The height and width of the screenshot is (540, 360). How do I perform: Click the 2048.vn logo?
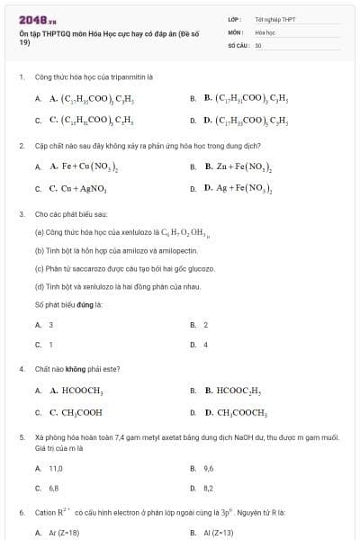coord(38,19)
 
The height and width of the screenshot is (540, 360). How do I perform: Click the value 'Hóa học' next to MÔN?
coord(265,31)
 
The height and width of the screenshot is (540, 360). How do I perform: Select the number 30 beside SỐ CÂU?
coord(258,44)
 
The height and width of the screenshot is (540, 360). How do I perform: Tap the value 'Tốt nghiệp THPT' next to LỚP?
coord(275,18)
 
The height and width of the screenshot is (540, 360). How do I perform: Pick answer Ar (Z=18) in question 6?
coord(63,533)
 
